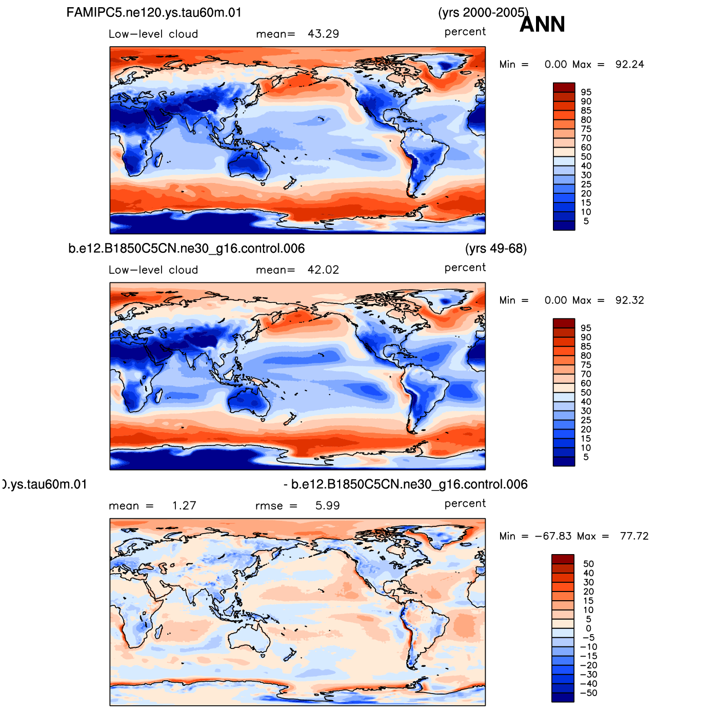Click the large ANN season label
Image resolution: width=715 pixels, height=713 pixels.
tap(542, 25)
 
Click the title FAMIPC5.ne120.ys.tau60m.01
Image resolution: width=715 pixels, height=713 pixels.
tap(154, 13)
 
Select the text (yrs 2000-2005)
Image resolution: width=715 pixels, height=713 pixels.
tap(483, 13)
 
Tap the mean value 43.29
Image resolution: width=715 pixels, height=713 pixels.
tap(323, 34)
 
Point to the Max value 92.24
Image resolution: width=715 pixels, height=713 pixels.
tap(629, 65)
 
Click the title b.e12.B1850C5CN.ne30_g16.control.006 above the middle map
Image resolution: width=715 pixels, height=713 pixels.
tap(187, 249)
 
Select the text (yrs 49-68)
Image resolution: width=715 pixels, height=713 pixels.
tap(496, 249)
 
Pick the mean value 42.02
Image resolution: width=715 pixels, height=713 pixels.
tap(323, 270)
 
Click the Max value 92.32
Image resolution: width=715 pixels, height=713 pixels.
tap(629, 300)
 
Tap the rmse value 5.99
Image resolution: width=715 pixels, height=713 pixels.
tap(327, 506)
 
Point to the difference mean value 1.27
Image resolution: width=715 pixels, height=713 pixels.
tap(184, 506)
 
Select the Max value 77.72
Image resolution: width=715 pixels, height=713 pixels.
tap(634, 536)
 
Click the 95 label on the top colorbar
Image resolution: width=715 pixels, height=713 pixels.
tap(586, 92)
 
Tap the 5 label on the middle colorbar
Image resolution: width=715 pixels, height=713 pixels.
tap(586, 457)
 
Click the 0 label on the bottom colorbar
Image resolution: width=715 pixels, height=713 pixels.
tap(588, 628)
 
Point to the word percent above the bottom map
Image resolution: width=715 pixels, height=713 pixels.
tap(465, 503)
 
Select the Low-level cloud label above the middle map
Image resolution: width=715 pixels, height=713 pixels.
tap(153, 270)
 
